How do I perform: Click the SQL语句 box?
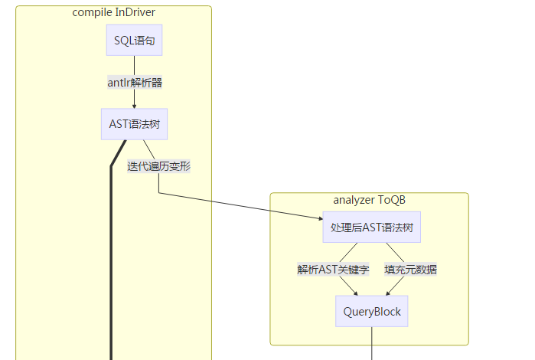pos(134,41)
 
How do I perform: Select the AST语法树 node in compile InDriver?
pos(134,124)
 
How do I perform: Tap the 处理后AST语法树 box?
pos(371,227)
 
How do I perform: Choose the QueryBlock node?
pos(371,312)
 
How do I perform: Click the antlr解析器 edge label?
pos(135,83)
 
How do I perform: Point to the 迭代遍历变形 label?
pos(158,166)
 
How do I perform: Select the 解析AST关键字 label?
pos(333,270)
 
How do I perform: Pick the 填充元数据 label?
pos(410,270)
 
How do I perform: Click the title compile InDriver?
pos(113,12)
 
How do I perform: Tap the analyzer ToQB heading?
pos(369,200)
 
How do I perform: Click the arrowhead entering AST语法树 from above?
pos(134,106)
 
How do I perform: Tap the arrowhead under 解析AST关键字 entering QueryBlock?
pos(355,292)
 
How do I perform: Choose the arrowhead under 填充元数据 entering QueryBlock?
pos(387,292)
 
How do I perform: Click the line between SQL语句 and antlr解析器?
pos(134,64)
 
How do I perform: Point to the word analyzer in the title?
pos(354,200)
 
